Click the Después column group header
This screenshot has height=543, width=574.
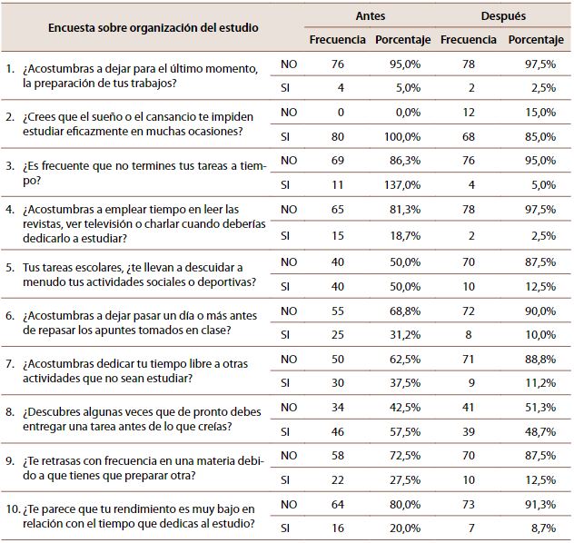click(503, 16)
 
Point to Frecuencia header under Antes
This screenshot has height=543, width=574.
click(337, 40)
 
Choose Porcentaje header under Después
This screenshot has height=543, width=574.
click(536, 40)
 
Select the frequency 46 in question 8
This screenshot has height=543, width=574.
click(338, 431)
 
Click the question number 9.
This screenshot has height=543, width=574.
click(9, 461)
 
